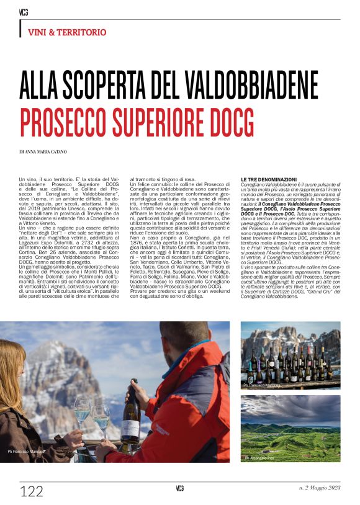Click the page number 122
coord(32,492)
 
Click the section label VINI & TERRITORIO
coord(67,32)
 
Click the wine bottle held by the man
coord(130,413)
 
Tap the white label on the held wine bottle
coord(130,428)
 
